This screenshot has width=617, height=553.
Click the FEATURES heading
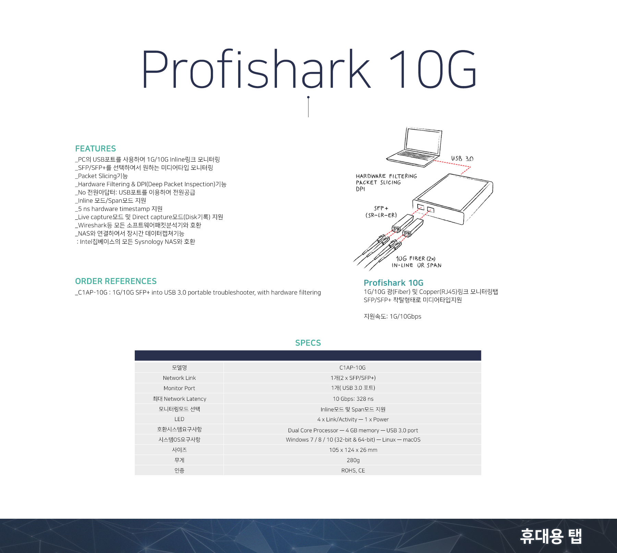(x=96, y=148)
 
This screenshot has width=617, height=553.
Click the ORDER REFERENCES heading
(x=116, y=281)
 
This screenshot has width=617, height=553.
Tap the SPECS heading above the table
(x=308, y=343)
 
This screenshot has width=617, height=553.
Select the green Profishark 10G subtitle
(x=394, y=283)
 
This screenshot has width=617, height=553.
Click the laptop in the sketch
(x=414, y=147)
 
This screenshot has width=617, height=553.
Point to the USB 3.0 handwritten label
(x=462, y=158)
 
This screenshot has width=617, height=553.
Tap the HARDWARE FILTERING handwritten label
(x=386, y=176)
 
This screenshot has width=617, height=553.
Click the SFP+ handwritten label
(x=381, y=208)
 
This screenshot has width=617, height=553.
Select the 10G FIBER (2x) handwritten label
(x=416, y=259)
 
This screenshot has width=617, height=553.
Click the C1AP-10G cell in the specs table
(x=352, y=368)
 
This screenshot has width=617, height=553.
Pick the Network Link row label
(x=179, y=378)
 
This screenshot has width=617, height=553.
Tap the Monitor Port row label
(x=179, y=388)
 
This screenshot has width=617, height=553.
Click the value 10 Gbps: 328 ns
(x=353, y=399)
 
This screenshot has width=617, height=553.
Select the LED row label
(x=179, y=419)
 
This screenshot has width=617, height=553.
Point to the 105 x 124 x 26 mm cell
(x=353, y=450)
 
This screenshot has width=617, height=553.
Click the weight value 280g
(x=353, y=460)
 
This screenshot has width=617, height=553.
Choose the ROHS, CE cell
(x=353, y=470)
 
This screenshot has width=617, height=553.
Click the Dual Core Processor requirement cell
(x=353, y=430)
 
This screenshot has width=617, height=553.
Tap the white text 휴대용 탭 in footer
(x=551, y=536)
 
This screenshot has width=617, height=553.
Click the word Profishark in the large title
(x=256, y=69)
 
